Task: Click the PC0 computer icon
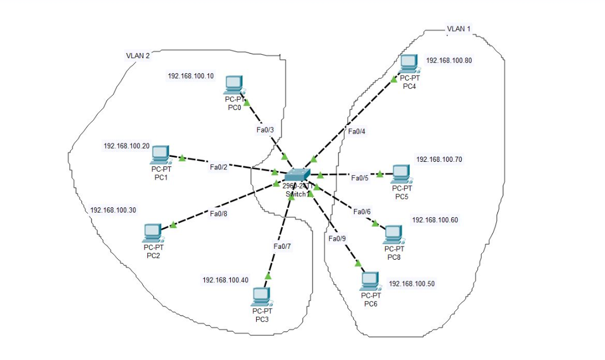click(x=234, y=85)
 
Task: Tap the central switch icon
click(x=297, y=175)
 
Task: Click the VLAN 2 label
click(x=138, y=56)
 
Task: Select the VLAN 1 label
click(x=458, y=29)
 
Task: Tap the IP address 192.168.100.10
click(x=191, y=76)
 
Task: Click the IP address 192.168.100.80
click(x=449, y=60)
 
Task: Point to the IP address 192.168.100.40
click(x=225, y=280)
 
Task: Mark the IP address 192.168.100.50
click(x=412, y=284)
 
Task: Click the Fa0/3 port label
click(x=265, y=130)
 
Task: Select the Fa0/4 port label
click(x=357, y=131)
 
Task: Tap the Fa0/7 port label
click(x=282, y=247)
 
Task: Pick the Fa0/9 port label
click(x=337, y=238)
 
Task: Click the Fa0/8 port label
click(x=219, y=214)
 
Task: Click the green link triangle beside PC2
click(x=173, y=225)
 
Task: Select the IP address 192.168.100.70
click(x=439, y=159)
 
